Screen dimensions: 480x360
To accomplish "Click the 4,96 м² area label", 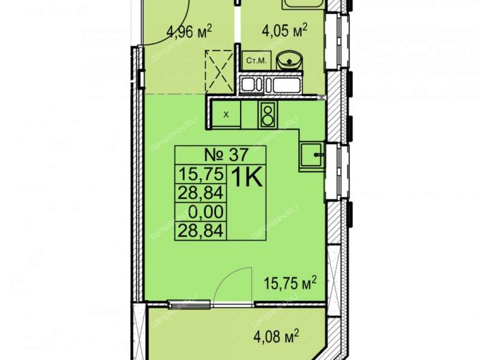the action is pyautogui.click(x=189, y=31).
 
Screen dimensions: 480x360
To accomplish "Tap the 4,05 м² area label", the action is pyautogui.click(x=284, y=31).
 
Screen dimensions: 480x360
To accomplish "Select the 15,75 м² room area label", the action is pyautogui.click(x=290, y=283).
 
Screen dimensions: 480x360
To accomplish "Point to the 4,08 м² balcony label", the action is pyautogui.click(x=276, y=337).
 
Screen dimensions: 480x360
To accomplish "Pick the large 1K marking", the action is pyautogui.click(x=247, y=178).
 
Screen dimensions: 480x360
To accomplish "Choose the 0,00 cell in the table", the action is pyautogui.click(x=206, y=212).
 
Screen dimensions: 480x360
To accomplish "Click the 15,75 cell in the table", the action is pyautogui.click(x=200, y=175).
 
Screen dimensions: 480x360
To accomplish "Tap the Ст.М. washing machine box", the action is pyautogui.click(x=257, y=61).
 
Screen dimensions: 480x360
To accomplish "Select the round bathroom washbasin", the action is pyautogui.click(x=289, y=61).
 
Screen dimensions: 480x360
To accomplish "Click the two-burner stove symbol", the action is pyautogui.click(x=268, y=115).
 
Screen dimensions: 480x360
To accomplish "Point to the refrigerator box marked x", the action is pyautogui.click(x=226, y=115).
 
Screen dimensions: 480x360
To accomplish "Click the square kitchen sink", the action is pyautogui.click(x=311, y=155).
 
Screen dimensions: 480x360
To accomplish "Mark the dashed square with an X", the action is pyautogui.click(x=219, y=71).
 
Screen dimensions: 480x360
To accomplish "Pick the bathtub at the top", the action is pyautogui.click(x=302, y=4).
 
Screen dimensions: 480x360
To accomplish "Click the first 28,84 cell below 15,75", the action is pyautogui.click(x=200, y=193).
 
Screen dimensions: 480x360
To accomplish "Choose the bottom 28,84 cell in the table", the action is pyautogui.click(x=200, y=230).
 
